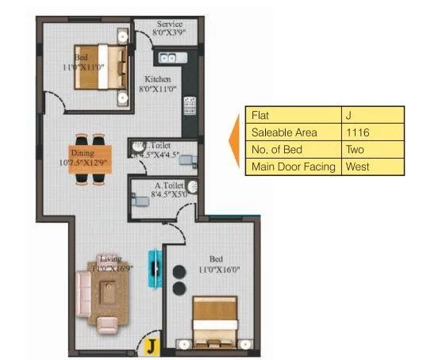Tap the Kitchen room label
tap(159, 80)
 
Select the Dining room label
tap(82, 152)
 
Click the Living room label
tap(110, 259)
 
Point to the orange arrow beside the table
tap(235, 141)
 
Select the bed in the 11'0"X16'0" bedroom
tap(215, 320)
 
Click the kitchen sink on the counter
tap(170, 58)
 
